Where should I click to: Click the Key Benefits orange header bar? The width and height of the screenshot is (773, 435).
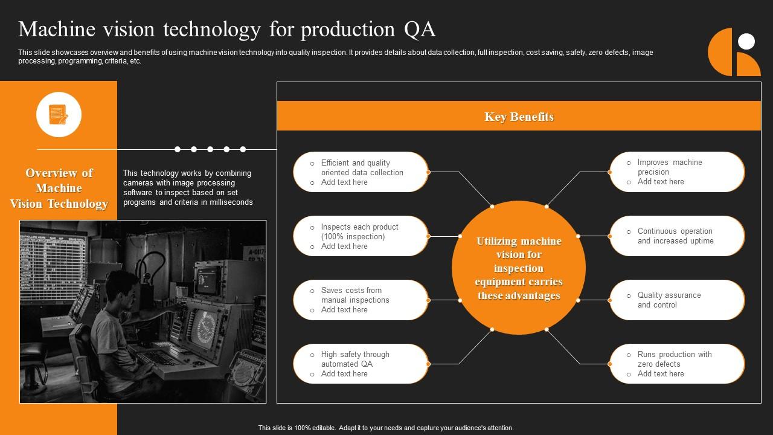(519, 116)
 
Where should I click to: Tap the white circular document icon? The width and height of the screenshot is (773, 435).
(59, 114)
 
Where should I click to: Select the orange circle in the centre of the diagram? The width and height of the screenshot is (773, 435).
(519, 268)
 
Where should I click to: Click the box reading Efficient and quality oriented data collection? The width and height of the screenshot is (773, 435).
(361, 172)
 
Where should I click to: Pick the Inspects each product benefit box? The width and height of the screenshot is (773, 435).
(361, 236)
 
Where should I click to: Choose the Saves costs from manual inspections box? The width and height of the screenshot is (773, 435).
(361, 300)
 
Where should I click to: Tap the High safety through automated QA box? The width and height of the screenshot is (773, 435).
(361, 364)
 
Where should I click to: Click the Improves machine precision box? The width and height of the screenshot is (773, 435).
(677, 172)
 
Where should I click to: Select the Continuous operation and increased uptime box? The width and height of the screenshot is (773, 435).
(677, 236)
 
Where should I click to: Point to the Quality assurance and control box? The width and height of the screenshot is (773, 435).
(677, 300)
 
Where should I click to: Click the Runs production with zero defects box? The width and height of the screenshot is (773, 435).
(677, 364)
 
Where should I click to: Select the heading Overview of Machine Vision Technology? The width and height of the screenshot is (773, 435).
(59, 188)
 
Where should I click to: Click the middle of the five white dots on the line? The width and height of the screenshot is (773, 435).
(210, 149)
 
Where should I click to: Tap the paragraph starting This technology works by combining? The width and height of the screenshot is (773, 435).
(187, 188)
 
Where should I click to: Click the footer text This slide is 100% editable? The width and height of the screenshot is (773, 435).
(386, 428)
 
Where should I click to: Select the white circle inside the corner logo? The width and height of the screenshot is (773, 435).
(747, 41)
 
